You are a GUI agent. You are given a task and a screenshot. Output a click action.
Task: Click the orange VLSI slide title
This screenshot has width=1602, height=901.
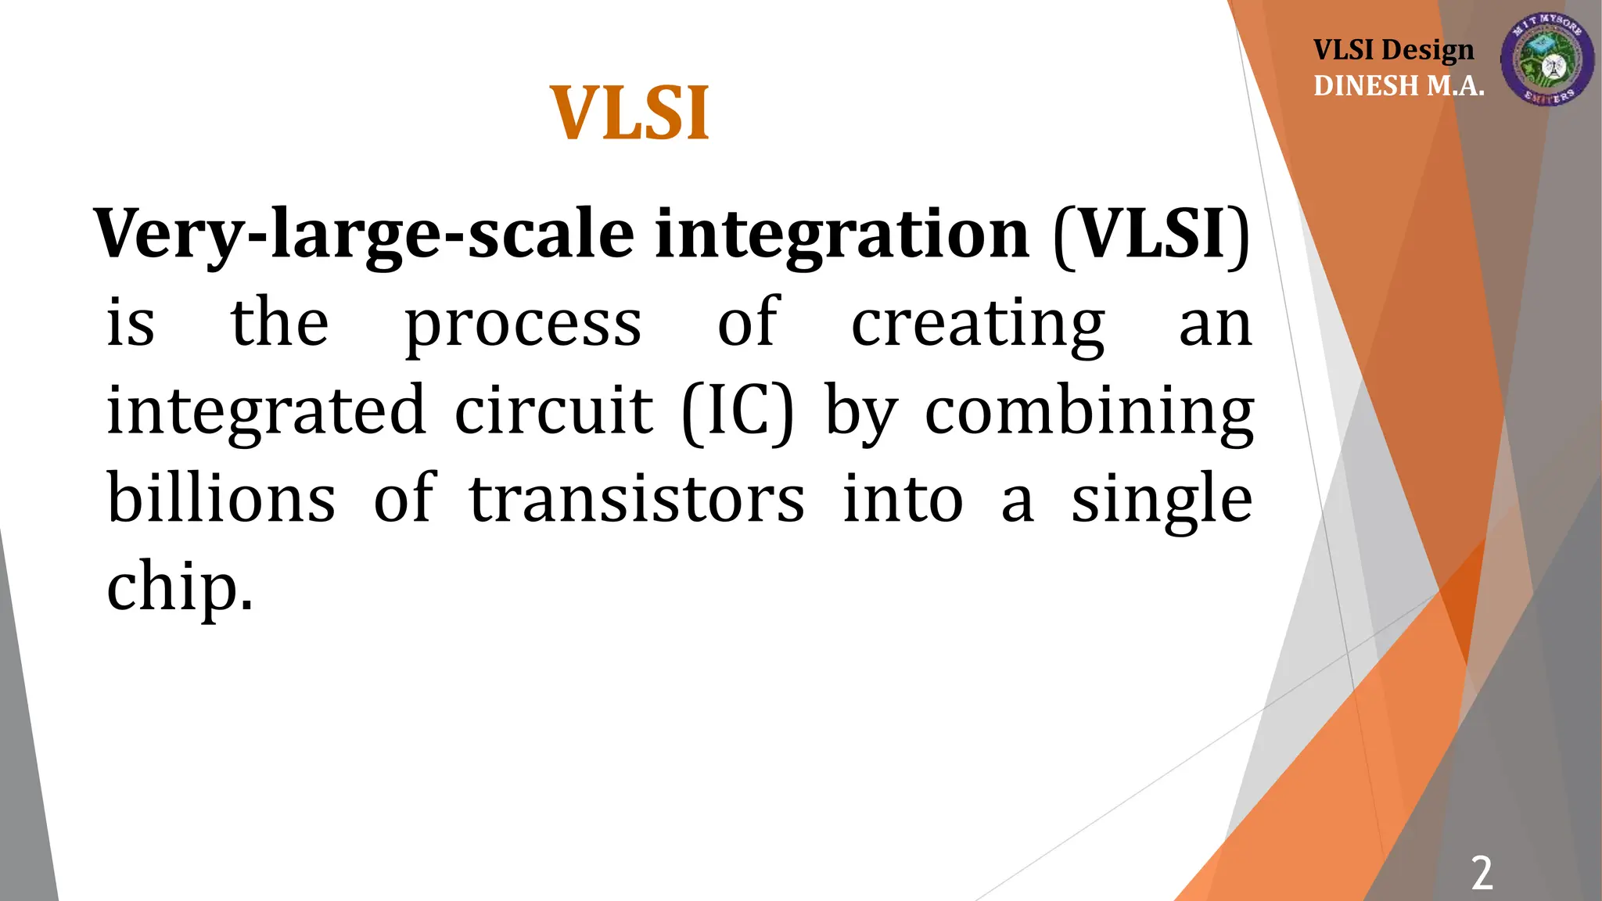coord(630,113)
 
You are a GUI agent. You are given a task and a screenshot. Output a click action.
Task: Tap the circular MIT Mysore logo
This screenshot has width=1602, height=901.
coord(1547,59)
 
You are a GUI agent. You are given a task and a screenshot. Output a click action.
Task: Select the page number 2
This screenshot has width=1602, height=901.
coord(1482,873)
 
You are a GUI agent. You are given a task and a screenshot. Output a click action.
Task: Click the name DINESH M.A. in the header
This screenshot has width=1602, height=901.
coord(1399,85)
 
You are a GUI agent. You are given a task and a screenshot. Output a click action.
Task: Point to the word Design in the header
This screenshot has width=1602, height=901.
coord(1428,50)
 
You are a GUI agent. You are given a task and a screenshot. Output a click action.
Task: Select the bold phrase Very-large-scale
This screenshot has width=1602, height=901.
coord(364,235)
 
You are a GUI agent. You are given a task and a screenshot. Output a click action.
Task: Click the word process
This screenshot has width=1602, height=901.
coord(523,325)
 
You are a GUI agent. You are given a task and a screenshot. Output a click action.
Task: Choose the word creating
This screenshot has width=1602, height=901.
coord(978,325)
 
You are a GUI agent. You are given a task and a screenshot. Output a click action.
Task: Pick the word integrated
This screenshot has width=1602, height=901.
coord(266,412)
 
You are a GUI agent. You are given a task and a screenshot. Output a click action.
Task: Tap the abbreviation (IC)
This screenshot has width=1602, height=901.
coord(738,412)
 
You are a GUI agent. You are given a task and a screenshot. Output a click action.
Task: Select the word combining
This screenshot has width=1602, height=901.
coord(1090,412)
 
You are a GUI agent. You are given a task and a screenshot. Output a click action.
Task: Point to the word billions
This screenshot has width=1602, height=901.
coord(221,498)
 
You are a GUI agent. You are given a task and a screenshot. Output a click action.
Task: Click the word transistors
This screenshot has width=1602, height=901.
coord(636,500)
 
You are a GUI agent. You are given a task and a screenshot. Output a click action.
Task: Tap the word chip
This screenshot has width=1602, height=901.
coord(179,589)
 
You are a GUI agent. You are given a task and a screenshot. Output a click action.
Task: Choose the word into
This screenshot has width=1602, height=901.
coord(903,500)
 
